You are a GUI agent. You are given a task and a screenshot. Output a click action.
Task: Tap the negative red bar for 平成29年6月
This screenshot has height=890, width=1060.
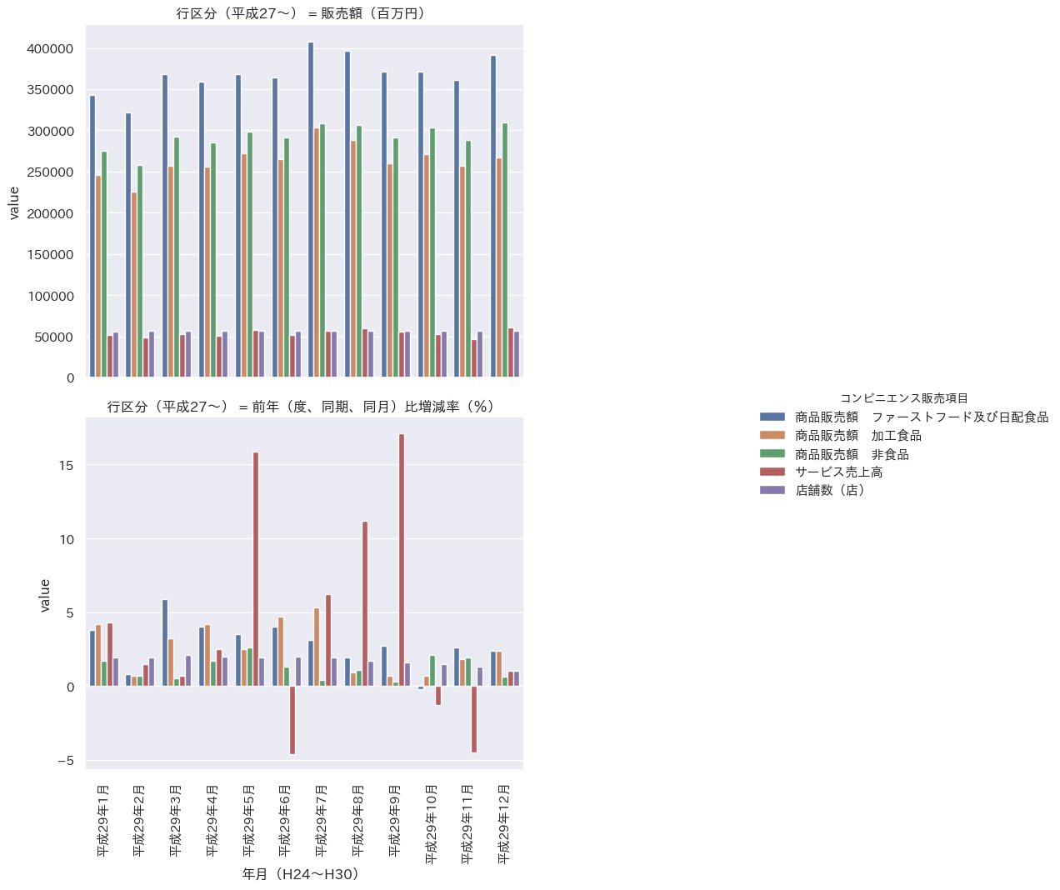[292, 720]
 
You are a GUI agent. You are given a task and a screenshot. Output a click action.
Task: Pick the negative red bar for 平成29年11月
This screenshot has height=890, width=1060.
[474, 719]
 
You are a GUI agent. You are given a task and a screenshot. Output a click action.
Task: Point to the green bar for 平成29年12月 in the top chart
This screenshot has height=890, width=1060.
[505, 250]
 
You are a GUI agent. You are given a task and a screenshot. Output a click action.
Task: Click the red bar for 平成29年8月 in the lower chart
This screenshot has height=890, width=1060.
[365, 603]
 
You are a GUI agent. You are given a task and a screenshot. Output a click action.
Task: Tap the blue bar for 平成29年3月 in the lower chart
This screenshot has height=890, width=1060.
[165, 642]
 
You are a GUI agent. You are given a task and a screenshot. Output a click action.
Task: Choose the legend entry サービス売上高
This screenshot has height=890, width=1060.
[838, 472]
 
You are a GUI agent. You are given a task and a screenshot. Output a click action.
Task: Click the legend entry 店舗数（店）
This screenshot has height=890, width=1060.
[830, 491]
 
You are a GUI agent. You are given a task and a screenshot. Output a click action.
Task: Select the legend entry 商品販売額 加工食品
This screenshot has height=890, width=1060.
[857, 436]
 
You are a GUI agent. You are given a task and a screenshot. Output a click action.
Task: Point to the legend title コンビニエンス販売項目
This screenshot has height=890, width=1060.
[904, 399]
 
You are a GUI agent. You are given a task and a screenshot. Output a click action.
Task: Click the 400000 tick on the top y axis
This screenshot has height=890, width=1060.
[50, 49]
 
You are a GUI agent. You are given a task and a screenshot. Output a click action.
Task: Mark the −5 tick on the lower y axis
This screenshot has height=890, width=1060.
[66, 761]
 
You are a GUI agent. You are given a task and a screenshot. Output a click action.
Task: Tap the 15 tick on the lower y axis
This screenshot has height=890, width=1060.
[67, 465]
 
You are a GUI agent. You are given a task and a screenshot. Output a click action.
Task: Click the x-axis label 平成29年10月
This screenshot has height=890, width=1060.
[431, 823]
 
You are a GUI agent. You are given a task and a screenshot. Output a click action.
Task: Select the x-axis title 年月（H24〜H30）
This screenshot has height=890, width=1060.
[300, 874]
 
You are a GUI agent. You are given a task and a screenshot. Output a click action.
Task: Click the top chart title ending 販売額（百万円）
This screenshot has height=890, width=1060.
[300, 13]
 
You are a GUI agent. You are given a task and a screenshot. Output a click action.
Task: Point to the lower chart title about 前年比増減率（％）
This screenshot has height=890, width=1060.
[300, 407]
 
